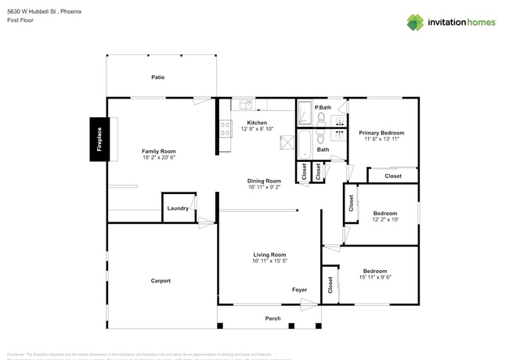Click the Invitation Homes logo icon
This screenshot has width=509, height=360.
point(415,22)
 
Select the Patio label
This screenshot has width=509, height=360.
point(158,77)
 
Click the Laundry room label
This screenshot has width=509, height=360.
point(178,208)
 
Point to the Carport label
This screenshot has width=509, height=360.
point(161,280)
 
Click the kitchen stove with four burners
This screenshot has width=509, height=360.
point(226,128)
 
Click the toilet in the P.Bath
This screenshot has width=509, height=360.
point(321,119)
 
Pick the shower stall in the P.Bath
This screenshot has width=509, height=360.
point(305,114)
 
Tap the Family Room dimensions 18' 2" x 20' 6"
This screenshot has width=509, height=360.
point(158,157)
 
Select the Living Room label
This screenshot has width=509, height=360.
point(269,254)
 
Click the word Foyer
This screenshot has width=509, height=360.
point(300,289)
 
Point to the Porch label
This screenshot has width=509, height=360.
point(273,319)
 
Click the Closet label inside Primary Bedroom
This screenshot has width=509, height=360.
point(393,176)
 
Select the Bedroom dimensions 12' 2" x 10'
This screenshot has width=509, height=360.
point(384,219)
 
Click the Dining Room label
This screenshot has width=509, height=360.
point(264,181)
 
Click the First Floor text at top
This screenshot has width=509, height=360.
point(21,22)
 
